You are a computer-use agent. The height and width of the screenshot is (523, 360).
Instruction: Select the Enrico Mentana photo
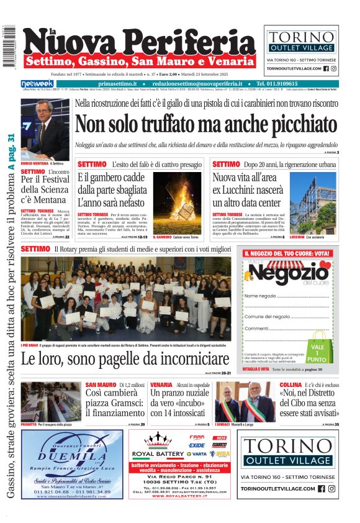[x=45, y=129]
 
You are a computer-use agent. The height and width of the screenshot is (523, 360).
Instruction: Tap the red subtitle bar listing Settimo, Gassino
[x=132, y=61]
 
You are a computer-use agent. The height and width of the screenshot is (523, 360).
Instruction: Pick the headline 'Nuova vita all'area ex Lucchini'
[x=247, y=190]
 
